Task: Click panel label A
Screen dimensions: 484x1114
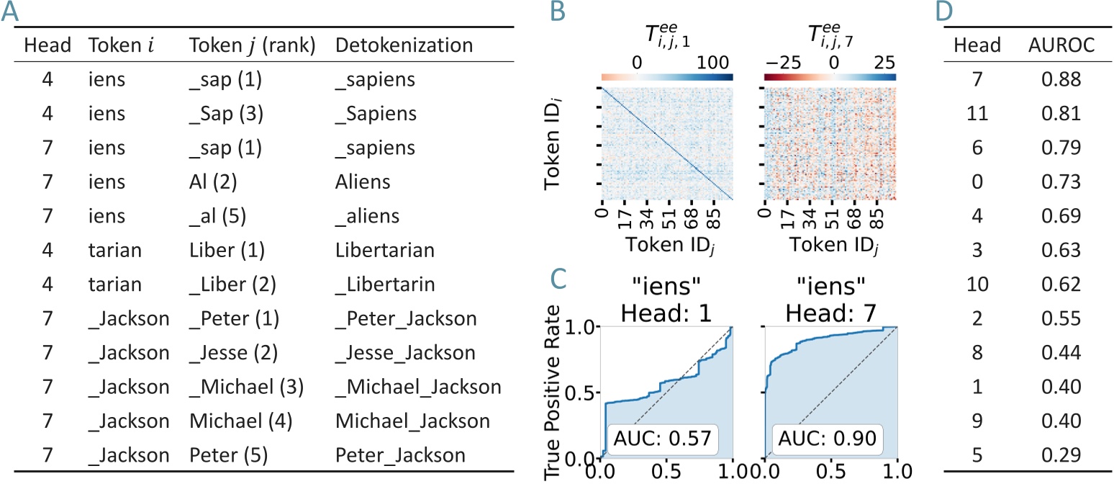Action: pyautogui.click(x=12, y=12)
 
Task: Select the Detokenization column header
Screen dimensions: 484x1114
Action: pyautogui.click(x=404, y=45)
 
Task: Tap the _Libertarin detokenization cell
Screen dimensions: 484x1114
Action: pyautogui.click(x=385, y=284)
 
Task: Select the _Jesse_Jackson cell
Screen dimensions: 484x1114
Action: pyautogui.click(x=405, y=353)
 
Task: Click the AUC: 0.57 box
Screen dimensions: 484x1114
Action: pyautogui.click(x=654, y=436)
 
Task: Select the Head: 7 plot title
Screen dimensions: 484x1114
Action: pyautogui.click(x=830, y=307)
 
